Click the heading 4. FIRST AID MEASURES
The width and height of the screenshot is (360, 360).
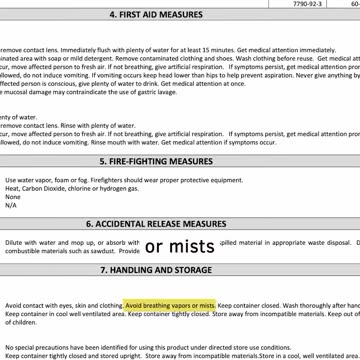[x=181, y=17]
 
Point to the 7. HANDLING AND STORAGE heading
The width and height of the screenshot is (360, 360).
[x=181, y=270]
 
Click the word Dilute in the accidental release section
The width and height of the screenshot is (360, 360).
[x=14, y=242]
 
